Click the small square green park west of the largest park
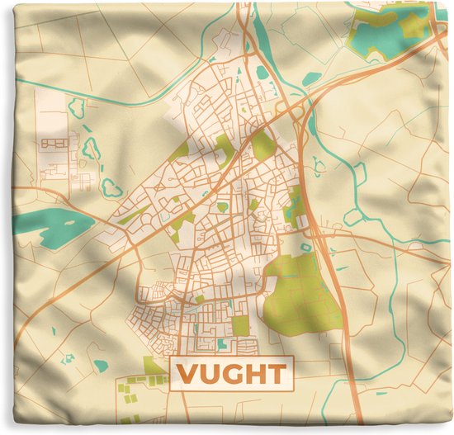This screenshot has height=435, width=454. coord(240,325)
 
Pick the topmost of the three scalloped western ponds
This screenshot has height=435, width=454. coord(78,107)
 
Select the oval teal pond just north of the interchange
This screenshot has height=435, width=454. coord(311,79)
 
